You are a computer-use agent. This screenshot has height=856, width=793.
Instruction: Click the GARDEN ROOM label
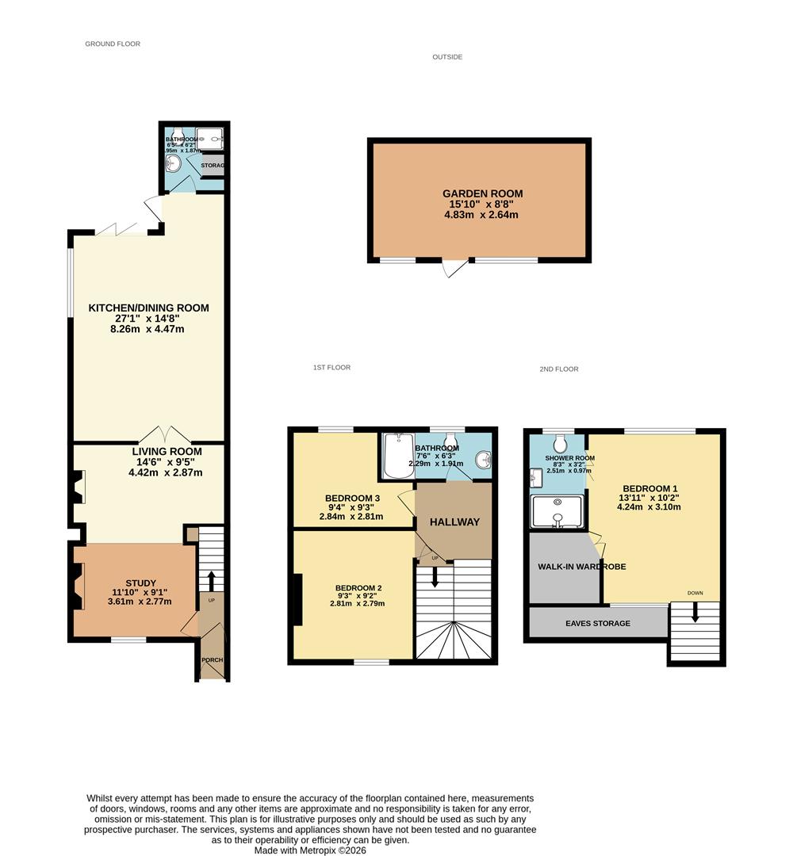click(x=482, y=193)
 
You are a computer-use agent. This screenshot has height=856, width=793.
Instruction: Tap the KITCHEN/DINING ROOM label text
click(x=148, y=308)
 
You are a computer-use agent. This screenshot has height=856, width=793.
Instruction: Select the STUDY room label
click(x=141, y=583)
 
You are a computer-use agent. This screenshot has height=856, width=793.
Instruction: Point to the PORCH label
click(x=212, y=660)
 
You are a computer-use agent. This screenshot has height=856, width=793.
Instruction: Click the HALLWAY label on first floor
click(x=454, y=522)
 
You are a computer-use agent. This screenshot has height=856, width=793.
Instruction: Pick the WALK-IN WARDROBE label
click(x=571, y=567)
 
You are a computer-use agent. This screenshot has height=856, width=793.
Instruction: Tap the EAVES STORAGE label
click(x=598, y=623)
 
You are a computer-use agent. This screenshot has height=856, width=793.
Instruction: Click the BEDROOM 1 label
click(x=650, y=488)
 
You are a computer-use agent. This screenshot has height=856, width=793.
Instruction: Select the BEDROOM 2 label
click(x=358, y=587)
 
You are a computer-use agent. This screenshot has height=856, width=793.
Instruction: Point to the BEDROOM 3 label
click(x=351, y=498)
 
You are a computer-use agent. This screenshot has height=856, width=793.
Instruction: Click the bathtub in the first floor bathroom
click(x=397, y=457)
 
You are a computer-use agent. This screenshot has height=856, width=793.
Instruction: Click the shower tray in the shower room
click(x=558, y=511)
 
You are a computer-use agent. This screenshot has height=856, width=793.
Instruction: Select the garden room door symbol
click(x=455, y=269)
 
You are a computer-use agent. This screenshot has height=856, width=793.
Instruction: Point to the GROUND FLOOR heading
click(x=113, y=44)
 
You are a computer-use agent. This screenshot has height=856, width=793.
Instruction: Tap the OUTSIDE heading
click(x=447, y=57)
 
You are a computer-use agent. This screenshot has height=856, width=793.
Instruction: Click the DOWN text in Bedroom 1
click(x=695, y=593)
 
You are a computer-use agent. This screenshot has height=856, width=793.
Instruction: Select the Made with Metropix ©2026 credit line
click(x=310, y=850)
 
